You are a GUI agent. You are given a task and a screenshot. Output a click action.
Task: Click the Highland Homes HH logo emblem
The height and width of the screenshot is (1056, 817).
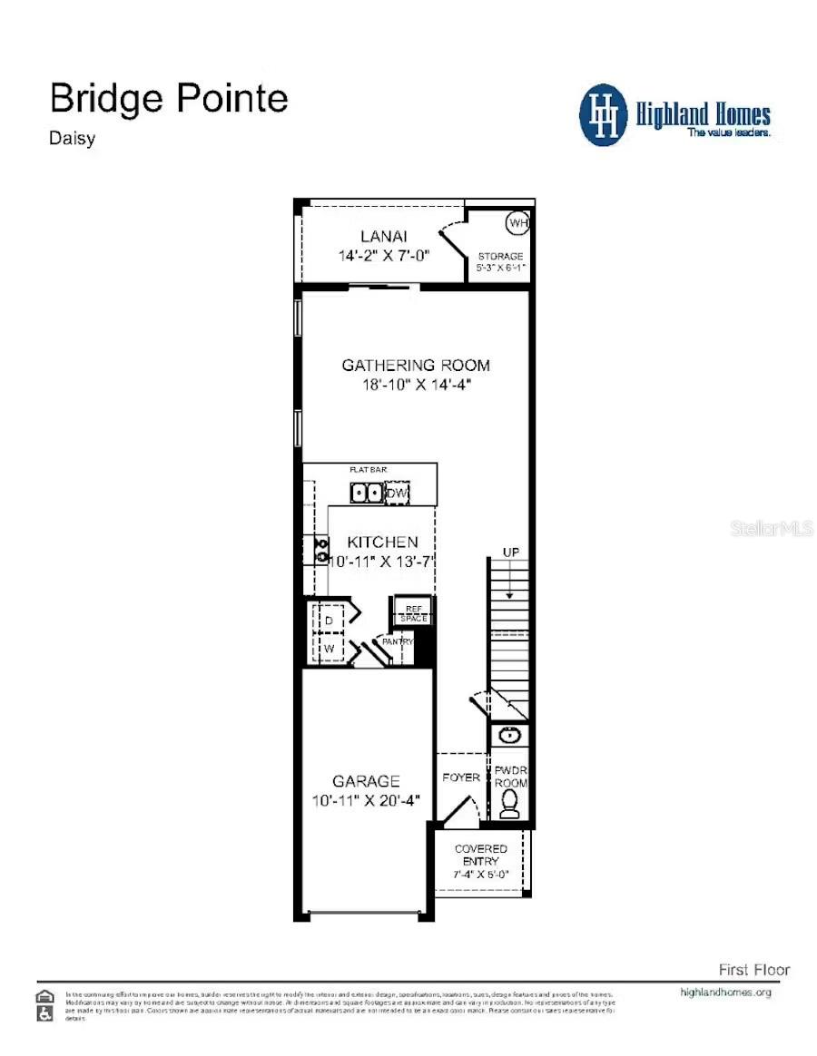[x=605, y=114]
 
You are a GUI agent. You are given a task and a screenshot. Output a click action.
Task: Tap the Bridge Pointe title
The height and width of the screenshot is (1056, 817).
[x=169, y=98]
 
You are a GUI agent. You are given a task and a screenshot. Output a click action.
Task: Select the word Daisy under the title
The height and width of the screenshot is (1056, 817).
[x=72, y=139]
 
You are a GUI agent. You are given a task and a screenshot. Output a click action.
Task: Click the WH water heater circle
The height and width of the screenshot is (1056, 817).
[x=517, y=222]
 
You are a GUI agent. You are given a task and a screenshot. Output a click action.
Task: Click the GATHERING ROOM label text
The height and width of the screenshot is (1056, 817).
[x=416, y=366]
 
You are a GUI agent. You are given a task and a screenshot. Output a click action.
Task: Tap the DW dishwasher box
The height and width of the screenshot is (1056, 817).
[x=397, y=493]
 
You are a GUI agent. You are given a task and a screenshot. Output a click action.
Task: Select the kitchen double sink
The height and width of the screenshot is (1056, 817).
[x=367, y=493]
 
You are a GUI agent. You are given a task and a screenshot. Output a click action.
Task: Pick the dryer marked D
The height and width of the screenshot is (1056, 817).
[x=330, y=619]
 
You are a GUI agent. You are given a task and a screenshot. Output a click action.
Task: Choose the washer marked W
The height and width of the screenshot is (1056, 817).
[x=330, y=649]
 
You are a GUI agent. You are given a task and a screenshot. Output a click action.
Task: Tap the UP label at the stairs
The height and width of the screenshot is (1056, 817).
[x=510, y=552]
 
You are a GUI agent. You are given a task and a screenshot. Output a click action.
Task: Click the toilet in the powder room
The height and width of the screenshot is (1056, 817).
[x=510, y=803]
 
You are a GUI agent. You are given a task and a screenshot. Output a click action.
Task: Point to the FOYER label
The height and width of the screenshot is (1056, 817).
[x=461, y=777]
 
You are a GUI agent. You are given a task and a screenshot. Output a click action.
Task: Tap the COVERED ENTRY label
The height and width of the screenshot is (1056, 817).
[x=481, y=854]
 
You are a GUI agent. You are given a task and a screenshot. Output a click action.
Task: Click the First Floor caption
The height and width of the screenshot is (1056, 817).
[x=753, y=970]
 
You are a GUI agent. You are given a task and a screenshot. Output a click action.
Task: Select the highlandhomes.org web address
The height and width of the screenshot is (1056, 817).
[x=725, y=992]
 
